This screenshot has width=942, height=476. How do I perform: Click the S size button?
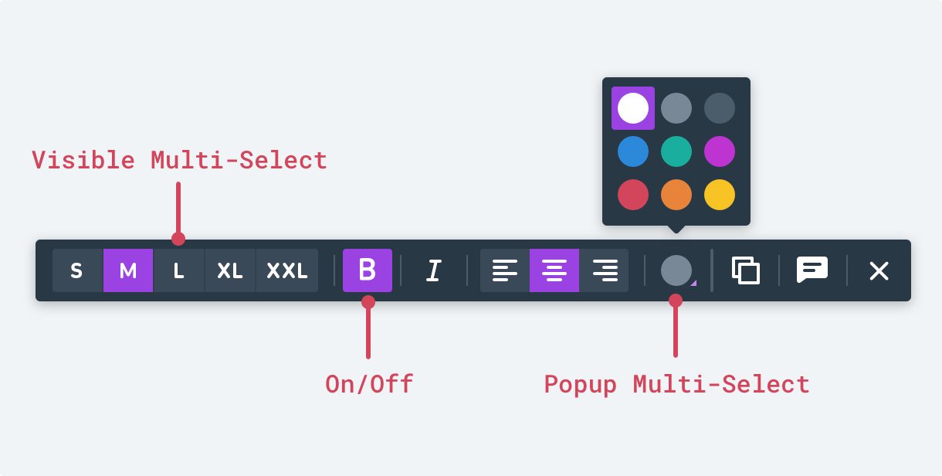click(x=76, y=270)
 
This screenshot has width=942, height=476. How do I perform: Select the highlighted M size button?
click(x=128, y=270)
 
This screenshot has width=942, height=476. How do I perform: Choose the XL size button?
click(x=230, y=270)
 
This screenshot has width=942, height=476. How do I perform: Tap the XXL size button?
click(x=286, y=270)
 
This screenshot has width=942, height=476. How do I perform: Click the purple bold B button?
click(x=368, y=270)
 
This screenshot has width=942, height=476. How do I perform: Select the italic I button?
click(x=434, y=270)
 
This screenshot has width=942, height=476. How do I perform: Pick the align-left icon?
click(x=505, y=270)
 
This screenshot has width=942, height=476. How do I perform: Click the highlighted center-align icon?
click(x=554, y=270)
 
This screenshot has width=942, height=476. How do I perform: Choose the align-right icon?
click(x=605, y=270)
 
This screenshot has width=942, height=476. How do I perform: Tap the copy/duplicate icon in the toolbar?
click(x=745, y=270)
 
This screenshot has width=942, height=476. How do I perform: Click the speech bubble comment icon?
click(x=812, y=270)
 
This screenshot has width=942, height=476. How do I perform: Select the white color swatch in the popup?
click(x=633, y=108)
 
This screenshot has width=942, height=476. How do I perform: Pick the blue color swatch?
click(x=633, y=151)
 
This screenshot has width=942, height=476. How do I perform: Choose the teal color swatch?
click(x=676, y=151)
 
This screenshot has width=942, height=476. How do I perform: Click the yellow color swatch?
click(x=720, y=195)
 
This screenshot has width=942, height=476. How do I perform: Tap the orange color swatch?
click(x=676, y=195)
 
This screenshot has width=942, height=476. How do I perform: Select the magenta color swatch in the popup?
click(x=720, y=151)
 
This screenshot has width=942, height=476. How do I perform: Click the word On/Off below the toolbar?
click(x=369, y=384)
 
